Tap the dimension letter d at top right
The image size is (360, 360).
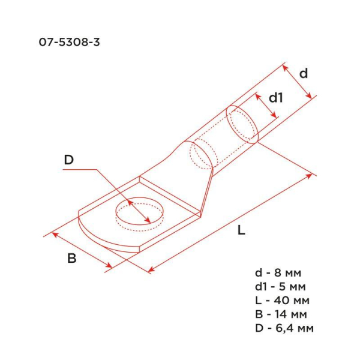point(304,73)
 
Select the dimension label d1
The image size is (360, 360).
point(275,97)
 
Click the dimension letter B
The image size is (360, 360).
point(71,259)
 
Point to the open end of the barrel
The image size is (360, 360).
point(243,124)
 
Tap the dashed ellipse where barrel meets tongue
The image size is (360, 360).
point(201,154)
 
